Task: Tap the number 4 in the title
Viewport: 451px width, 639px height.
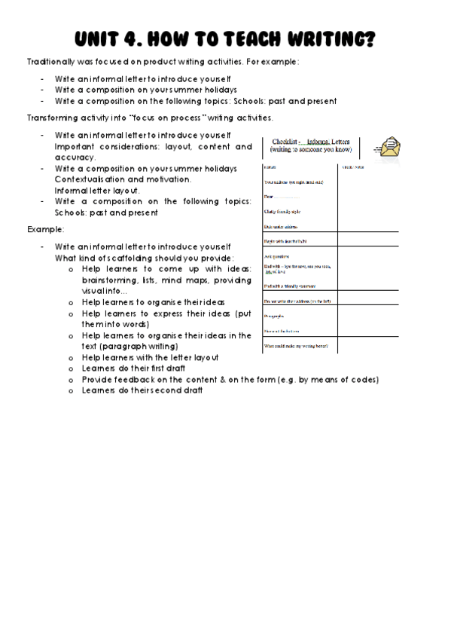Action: click(143, 39)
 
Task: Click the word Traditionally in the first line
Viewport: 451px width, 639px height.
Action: click(54, 61)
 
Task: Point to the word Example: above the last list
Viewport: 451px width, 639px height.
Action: click(46, 228)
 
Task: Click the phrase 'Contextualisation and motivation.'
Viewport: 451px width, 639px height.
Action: click(123, 179)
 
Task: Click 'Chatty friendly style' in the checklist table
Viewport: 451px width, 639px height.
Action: click(282, 211)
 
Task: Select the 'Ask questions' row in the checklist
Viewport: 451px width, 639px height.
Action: click(278, 256)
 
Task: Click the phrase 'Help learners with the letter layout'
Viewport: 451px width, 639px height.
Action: click(150, 357)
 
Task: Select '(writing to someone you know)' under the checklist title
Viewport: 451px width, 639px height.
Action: click(310, 150)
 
